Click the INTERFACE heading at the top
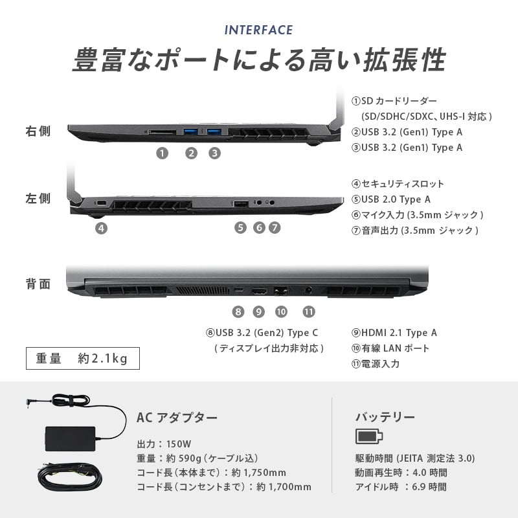point(258,30)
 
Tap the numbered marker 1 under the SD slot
point(163,153)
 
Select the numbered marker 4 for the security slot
point(102,228)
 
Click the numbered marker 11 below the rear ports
point(309,311)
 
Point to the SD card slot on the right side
point(162,132)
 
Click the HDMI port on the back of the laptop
point(260,291)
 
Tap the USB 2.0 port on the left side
point(241,203)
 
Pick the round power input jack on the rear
point(309,290)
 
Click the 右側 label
point(38,131)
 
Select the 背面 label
point(38,284)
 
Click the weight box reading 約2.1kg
point(83,359)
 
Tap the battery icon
point(369,436)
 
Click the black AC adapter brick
point(70,439)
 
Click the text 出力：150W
point(164,444)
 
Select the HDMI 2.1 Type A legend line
point(394,333)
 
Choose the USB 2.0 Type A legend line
point(391,199)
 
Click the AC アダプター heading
point(177,418)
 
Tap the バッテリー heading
point(385,417)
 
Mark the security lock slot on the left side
point(101,203)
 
